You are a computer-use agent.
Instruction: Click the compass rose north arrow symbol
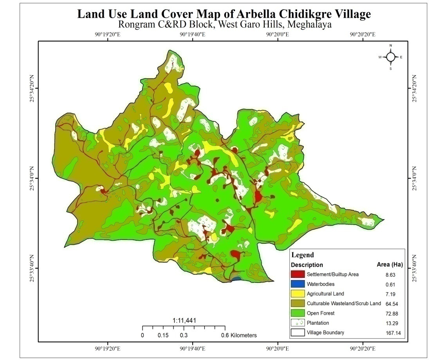pos(390,57)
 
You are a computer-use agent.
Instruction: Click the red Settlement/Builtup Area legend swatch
pos(298,275)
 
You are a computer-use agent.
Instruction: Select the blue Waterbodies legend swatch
pos(298,284)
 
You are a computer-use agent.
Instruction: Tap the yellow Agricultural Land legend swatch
pos(298,294)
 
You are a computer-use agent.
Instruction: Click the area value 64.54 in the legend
pos(391,304)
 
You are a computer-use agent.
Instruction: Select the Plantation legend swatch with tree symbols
pos(298,323)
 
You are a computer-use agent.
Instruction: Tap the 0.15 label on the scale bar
pos(163,335)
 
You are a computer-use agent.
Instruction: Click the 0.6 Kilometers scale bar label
pos(238,335)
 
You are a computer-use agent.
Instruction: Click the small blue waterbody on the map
pos(236,279)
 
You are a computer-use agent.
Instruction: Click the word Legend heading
pos(303,255)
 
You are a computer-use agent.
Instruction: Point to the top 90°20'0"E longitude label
pos(278,34)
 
